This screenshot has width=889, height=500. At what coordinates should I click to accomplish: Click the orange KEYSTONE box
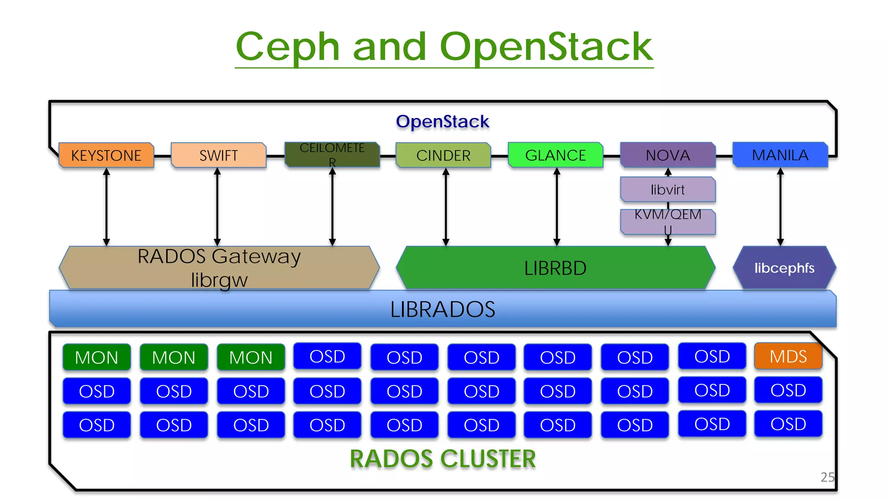coord(106,155)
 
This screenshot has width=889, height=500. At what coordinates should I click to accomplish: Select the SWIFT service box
coord(218,155)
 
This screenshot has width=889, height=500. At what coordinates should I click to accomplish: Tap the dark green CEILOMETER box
coord(332,155)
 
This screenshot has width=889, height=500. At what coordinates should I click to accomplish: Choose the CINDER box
coord(443,155)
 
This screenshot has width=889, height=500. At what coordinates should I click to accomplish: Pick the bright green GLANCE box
coord(556,155)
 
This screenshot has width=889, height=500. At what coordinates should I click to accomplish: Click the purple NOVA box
coord(668,155)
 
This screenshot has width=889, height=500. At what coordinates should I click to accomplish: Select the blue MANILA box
coord(780,155)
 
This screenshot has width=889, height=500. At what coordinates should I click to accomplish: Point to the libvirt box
coord(668,190)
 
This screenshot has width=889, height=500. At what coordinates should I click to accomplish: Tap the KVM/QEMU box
coord(668,221)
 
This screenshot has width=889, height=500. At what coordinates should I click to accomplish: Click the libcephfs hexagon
coord(784,268)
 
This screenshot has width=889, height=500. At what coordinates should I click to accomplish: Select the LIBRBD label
coord(555,268)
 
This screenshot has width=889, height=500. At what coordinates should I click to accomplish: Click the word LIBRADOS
coord(442,309)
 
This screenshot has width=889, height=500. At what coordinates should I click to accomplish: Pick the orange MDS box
coord(788,356)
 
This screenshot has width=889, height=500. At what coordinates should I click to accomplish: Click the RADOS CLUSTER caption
coord(442,459)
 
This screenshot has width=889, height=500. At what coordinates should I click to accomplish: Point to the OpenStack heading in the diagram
coord(442,122)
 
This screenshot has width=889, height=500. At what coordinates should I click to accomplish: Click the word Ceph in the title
coord(287,47)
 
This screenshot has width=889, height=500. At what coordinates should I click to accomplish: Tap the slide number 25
coord(827,477)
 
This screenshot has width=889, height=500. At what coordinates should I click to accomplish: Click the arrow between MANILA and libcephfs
coord(780,207)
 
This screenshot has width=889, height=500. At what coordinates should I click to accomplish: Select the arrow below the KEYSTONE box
coord(106,207)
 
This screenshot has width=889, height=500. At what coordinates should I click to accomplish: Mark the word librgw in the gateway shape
coord(219,280)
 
